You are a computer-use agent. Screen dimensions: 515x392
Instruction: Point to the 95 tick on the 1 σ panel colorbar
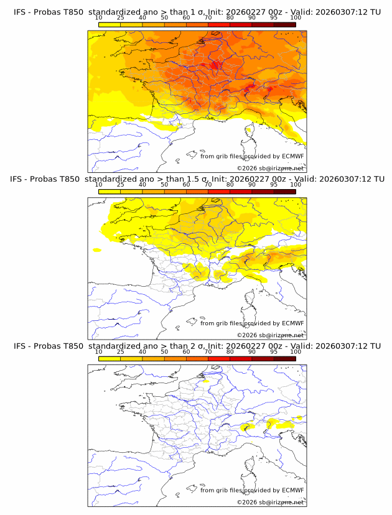tap(274, 17)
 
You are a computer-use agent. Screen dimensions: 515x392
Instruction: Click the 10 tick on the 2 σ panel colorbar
tap(98, 351)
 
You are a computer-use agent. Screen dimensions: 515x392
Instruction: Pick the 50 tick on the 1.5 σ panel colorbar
tap(164, 185)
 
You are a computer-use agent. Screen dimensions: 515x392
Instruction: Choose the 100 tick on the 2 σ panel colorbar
tap(296, 351)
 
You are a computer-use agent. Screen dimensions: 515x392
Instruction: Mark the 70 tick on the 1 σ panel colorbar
tap(208, 17)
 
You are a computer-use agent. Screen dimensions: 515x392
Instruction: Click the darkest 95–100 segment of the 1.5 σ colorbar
tap(284, 192)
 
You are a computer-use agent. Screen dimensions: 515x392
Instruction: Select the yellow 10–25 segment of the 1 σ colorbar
tap(109, 24)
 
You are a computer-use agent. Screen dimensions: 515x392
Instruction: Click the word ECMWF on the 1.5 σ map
tap(292, 323)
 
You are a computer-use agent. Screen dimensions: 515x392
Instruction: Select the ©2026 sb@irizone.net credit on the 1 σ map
tap(271, 168)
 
